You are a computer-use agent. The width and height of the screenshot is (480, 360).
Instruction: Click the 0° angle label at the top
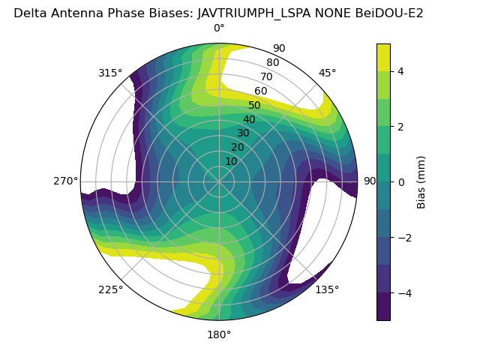click(219, 28)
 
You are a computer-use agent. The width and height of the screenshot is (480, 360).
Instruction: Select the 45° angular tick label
click(327, 73)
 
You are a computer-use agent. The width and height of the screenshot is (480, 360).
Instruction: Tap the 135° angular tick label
click(327, 289)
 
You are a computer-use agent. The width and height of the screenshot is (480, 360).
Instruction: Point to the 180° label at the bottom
click(219, 334)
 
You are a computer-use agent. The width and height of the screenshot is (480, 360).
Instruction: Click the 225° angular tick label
click(110, 289)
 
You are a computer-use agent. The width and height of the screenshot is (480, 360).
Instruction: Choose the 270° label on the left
click(65, 181)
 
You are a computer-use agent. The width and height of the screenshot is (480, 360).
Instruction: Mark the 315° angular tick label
click(110, 73)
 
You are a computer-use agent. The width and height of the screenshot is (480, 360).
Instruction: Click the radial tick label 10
click(231, 161)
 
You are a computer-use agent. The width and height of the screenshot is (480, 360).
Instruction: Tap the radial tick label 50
click(255, 105)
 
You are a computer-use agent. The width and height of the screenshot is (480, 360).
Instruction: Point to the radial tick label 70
click(266, 76)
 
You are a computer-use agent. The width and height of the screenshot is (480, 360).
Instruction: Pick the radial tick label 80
click(272, 62)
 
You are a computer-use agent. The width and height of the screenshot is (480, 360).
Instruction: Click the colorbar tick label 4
click(400, 71)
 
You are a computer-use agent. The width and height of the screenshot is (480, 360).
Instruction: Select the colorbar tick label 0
click(400, 181)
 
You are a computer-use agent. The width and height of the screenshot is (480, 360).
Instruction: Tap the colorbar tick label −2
click(403, 237)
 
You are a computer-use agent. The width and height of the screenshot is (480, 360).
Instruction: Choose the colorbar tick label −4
click(403, 292)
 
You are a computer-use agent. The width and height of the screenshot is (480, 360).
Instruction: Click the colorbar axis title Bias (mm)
click(421, 181)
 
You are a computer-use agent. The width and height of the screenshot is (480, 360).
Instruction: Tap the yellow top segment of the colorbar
click(383, 57)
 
